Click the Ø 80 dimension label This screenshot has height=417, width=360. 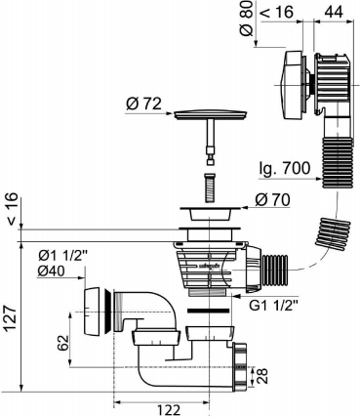click(248, 18)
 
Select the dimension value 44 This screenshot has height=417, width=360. click(334, 12)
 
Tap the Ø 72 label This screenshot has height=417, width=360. click(143, 104)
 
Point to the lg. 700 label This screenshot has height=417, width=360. click(285, 168)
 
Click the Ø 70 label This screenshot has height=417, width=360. click(272, 200)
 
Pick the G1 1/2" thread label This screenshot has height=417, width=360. click(273, 306)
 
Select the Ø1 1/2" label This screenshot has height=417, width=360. click(62, 257)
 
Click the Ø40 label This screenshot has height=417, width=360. click(51, 271)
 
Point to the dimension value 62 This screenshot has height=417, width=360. click(63, 342)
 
